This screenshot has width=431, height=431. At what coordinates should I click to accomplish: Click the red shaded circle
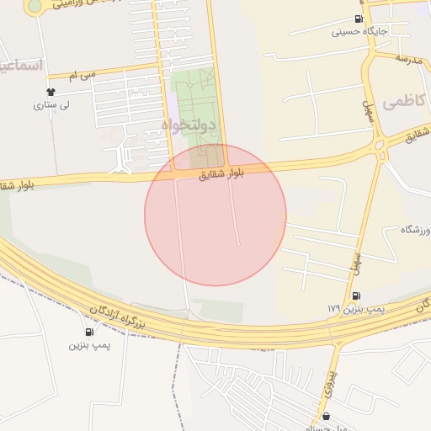click(215, 215)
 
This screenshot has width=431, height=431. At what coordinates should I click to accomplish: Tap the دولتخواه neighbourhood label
click(189, 125)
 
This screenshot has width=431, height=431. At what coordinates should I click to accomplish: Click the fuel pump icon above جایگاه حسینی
click(360, 19)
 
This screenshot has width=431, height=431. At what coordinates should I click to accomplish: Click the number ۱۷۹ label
click(333, 309)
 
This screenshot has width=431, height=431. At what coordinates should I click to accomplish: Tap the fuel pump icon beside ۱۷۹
click(356, 295)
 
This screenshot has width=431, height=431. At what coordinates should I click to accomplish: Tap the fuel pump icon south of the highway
click(89, 332)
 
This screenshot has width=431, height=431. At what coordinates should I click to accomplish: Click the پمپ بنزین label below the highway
click(89, 345)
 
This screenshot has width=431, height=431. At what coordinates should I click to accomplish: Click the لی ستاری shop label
click(51, 105)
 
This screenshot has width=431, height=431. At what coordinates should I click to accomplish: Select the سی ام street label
click(82, 76)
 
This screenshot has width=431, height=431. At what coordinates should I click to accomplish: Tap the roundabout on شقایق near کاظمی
click(380, 144)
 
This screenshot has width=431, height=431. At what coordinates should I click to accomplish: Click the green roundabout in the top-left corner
click(35, 6)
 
